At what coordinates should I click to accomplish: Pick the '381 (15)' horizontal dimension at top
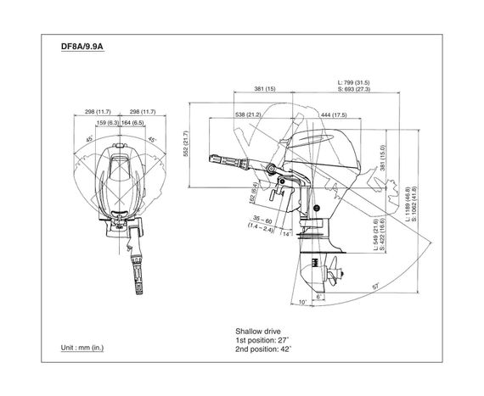(264, 88)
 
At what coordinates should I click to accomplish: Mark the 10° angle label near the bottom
(303, 302)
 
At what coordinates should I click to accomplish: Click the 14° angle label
(286, 232)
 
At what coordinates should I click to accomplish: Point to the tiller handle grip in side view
(223, 159)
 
